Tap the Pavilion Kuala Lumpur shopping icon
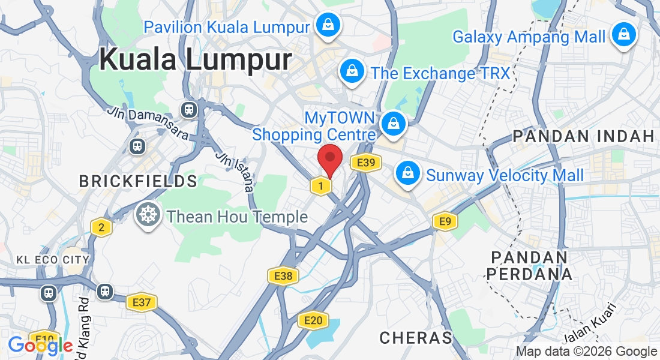tap(328, 25)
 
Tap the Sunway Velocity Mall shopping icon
tap(408, 174)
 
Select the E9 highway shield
tap(445, 221)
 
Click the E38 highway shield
tap(283, 276)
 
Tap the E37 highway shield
tap(142, 302)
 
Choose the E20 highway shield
tap(313, 320)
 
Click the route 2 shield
tap(101, 227)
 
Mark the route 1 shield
tap(321, 186)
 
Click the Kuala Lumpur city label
tap(196, 60)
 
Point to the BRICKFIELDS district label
tap(138, 181)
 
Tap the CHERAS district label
tap(416, 337)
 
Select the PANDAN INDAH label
tap(583, 136)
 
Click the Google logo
tap(40, 346)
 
